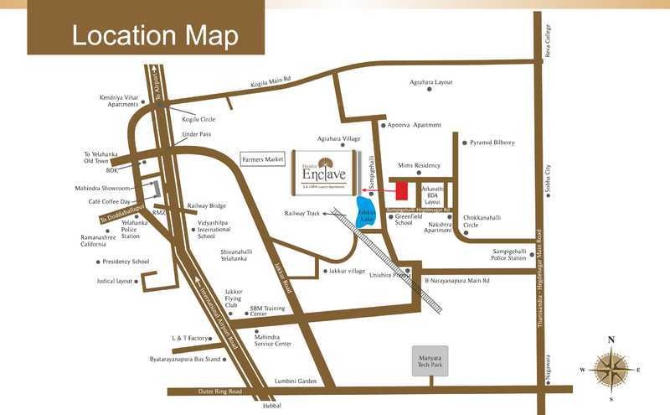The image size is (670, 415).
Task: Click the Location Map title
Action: tap(155, 35)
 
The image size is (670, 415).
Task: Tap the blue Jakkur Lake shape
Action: tap(367, 213)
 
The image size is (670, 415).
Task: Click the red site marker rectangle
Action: tap(402, 190)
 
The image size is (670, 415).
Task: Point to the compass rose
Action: tap(611, 369)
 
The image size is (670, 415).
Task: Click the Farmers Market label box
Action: tap(264, 159)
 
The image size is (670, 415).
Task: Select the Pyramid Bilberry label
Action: tap(492, 143)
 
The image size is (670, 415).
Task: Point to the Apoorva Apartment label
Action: tap(414, 125)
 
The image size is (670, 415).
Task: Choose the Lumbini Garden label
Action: tap(296, 381)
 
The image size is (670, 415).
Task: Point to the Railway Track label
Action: tap(303, 214)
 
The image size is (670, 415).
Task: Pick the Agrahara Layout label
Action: tap(431, 82)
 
